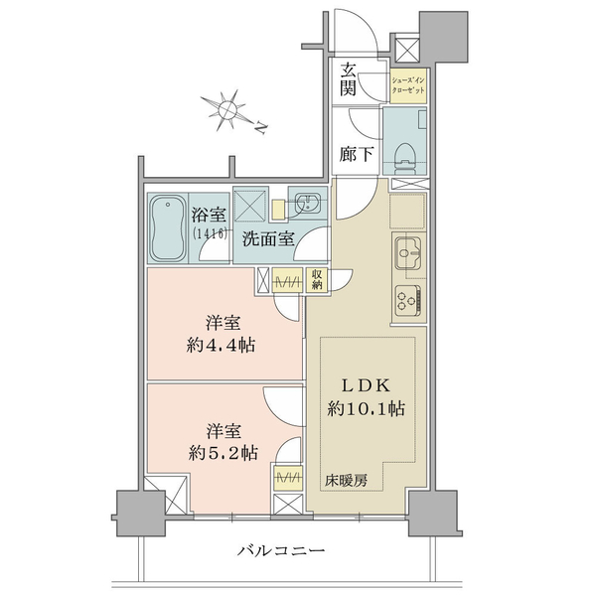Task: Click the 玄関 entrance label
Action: point(348,80)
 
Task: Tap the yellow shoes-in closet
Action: point(408,85)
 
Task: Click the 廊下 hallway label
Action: point(356,155)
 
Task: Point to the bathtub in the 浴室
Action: point(167,228)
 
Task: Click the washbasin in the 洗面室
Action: point(308,202)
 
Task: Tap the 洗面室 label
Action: point(268,239)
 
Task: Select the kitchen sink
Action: point(408,252)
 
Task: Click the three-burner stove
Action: point(408,301)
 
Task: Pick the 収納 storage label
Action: point(317,280)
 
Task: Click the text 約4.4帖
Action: point(221,346)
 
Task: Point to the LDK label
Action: point(366,386)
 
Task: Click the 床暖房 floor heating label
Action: point(346,481)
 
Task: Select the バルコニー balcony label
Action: point(281,550)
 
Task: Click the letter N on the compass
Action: point(260,127)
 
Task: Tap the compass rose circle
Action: point(228,110)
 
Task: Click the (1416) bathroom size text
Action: point(211,233)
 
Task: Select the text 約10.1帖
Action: point(366,409)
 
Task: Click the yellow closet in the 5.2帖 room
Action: point(288,478)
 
